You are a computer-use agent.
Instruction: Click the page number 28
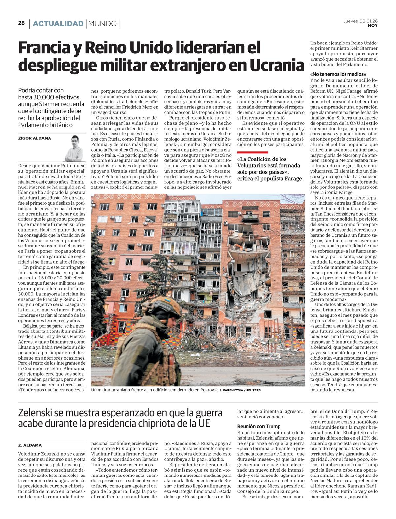tap(21, 23)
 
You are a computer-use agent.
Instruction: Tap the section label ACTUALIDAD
tap(58, 24)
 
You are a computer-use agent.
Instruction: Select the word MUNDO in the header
tap(103, 24)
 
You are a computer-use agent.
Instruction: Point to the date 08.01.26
tap(369, 21)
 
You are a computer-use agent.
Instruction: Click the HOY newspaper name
tap(373, 25)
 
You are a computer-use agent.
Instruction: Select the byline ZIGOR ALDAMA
tap(35, 138)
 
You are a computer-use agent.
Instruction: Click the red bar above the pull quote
tap(252, 152)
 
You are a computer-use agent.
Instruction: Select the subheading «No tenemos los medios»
tap(338, 74)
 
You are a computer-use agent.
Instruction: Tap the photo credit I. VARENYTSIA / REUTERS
tap(240, 390)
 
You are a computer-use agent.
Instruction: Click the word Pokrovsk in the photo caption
tap(208, 390)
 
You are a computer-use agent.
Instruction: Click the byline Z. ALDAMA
tap(30, 445)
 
